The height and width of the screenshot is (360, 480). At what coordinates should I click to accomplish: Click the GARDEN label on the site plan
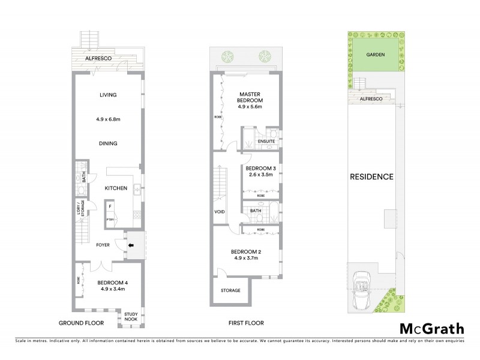tap(376, 55)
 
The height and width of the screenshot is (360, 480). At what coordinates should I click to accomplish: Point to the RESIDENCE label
tap(372, 177)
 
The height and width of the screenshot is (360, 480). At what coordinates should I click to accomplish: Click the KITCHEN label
tap(116, 188)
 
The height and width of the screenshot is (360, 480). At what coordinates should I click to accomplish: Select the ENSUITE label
tap(266, 142)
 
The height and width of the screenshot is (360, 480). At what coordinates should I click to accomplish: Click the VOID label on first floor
tap(220, 212)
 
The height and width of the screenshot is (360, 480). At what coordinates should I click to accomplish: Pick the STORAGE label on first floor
tap(230, 290)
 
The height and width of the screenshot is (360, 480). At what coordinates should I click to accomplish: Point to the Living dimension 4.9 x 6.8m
tap(109, 119)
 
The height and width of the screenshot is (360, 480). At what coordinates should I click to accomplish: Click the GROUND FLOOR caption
tap(81, 323)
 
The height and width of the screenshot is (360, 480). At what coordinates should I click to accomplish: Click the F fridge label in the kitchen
tap(110, 207)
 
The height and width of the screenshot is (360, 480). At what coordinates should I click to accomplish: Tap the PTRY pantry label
tap(110, 220)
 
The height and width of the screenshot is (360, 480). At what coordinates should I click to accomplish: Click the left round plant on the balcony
tap(228, 58)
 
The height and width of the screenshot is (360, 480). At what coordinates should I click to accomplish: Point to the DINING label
tap(109, 143)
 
